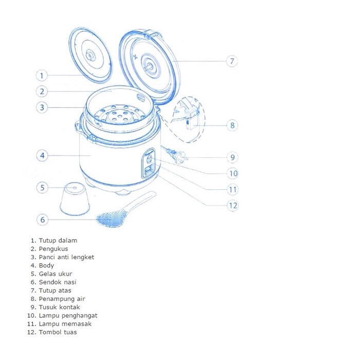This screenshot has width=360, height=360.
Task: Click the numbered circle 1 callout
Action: [42, 75]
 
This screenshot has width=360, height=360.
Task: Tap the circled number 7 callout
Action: [232, 61]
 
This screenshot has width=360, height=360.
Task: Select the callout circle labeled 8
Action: [232, 125]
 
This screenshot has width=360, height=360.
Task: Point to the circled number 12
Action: [233, 205]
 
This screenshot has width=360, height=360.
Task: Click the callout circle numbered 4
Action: [42, 155]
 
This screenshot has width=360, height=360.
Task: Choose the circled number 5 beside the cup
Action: [43, 188]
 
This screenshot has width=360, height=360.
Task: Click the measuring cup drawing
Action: [75, 199]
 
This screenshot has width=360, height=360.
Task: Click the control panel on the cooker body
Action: [149, 164]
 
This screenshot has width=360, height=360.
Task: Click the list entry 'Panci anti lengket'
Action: [66, 257]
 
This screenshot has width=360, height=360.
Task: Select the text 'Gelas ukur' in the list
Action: [56, 274]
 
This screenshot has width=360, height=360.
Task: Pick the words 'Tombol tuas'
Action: [57, 332]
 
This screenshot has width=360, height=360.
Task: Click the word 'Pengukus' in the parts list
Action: [53, 249]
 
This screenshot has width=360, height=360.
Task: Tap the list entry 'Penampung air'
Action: [62, 299]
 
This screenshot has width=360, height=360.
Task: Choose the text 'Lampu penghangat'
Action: [68, 315]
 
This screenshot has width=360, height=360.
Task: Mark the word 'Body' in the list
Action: [46, 265]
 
